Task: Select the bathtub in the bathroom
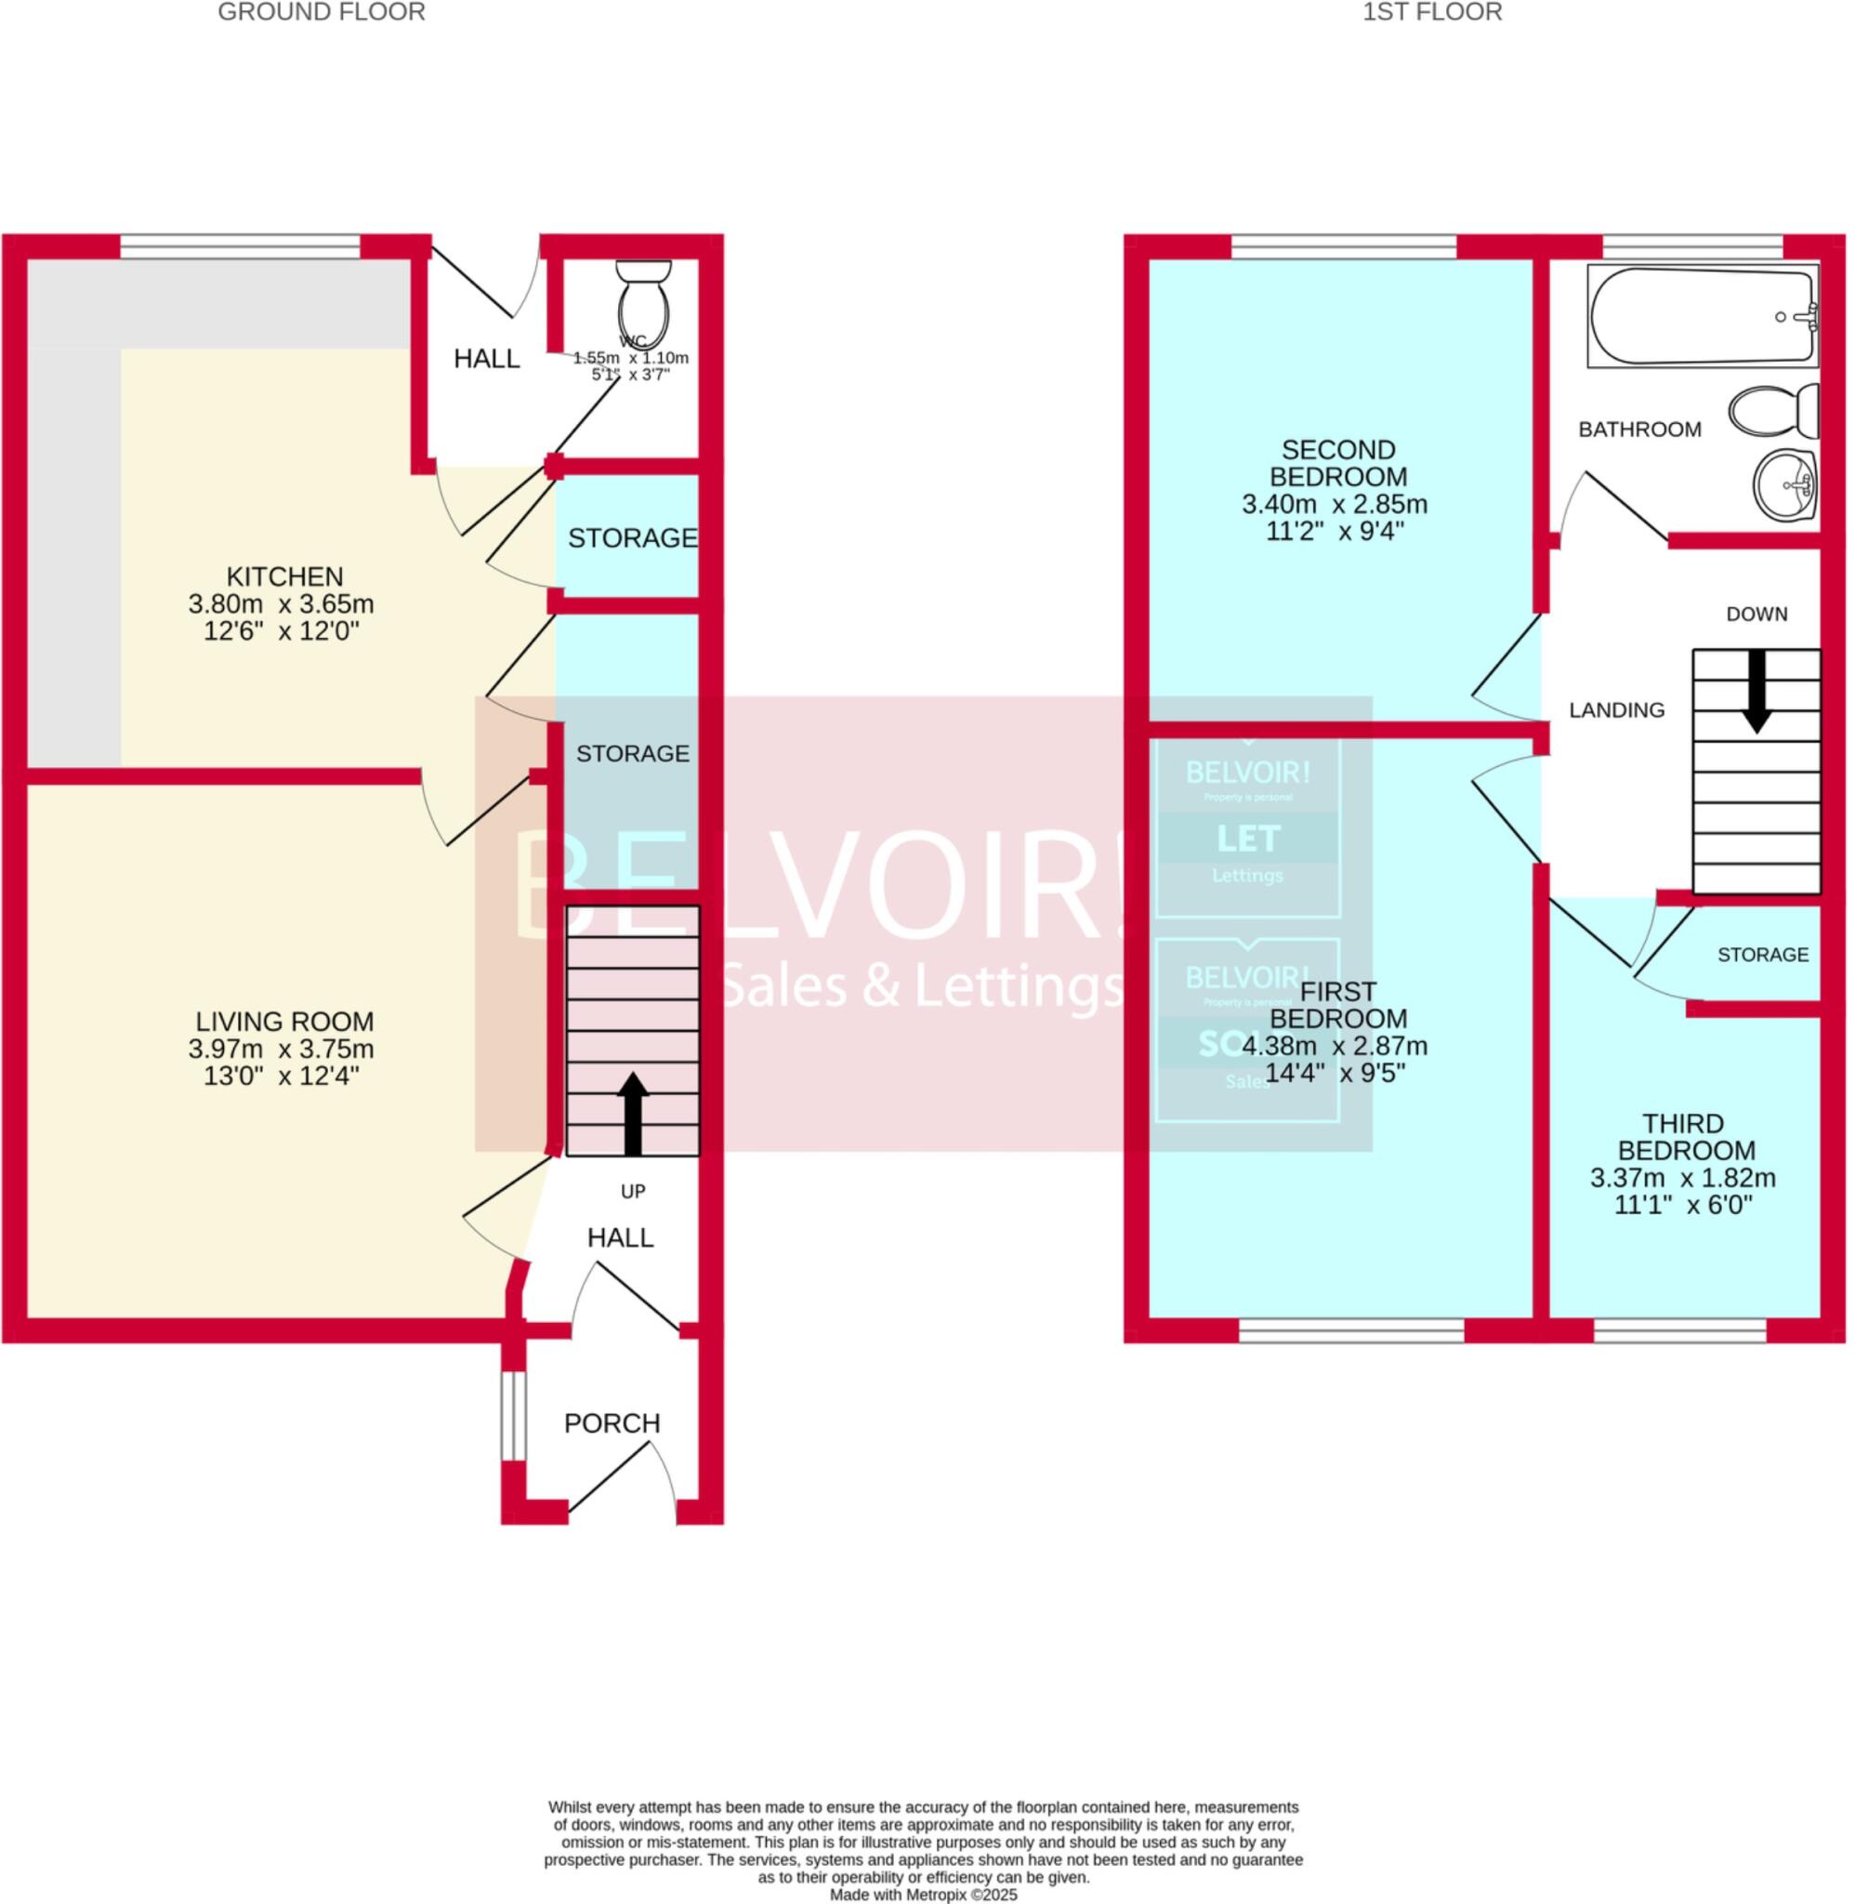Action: coord(1702,318)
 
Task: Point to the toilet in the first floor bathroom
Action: coord(1775,411)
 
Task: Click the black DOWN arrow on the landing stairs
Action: coord(1756,691)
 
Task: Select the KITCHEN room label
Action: coord(284,575)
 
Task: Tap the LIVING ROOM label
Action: coord(284,1021)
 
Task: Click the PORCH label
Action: coord(612,1423)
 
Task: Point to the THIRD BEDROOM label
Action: coord(1683,1136)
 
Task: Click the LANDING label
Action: coord(1616,710)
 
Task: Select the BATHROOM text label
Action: coord(1639,429)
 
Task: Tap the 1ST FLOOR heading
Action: coord(1432,12)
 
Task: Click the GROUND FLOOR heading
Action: coord(322,12)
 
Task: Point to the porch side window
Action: coord(513,1417)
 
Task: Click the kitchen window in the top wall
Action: coord(240,245)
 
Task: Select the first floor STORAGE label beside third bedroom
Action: coord(1762,955)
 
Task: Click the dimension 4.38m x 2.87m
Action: coord(1335,1047)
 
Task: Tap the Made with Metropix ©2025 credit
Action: coord(923,1896)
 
